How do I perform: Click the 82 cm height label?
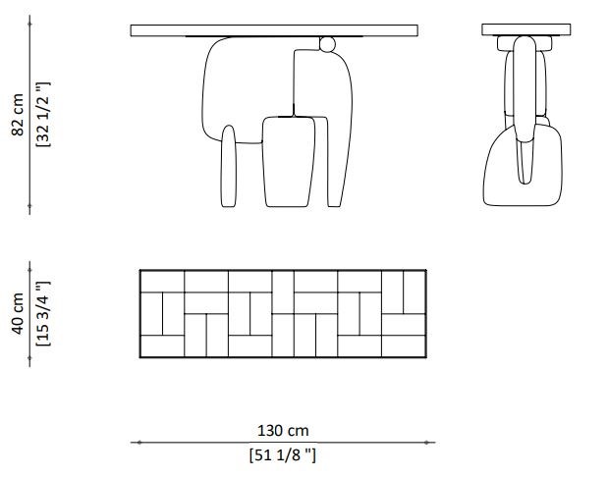(18, 115)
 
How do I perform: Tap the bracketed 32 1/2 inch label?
(43, 114)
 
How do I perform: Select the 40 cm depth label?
(18, 313)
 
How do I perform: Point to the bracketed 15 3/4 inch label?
(43, 314)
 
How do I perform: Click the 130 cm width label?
(283, 430)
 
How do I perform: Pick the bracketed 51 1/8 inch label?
(283, 454)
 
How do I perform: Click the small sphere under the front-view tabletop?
(327, 44)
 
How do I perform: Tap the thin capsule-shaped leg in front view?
(229, 166)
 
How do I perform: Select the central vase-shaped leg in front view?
(289, 162)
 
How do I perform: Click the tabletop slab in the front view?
(274, 30)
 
